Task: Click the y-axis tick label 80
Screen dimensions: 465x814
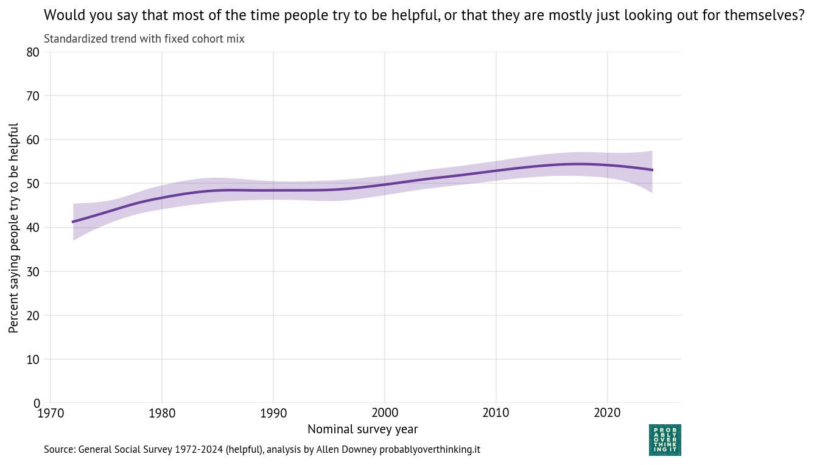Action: pos(33,52)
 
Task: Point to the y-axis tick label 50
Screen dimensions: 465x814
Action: pos(33,184)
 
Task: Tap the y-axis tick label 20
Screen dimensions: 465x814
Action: pos(33,315)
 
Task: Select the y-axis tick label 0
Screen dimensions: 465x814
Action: pos(37,403)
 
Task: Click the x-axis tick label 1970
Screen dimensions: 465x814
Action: pos(50,414)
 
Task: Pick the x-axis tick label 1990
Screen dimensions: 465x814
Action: pos(273,414)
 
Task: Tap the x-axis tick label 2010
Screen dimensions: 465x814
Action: pos(496,414)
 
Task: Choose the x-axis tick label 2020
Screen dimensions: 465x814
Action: pos(608,414)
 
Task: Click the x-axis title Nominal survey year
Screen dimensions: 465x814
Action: pos(362,430)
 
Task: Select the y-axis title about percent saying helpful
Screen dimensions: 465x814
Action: pos(14,228)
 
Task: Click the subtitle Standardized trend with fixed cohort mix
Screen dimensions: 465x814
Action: pos(144,40)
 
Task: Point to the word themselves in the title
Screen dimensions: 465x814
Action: pos(770,15)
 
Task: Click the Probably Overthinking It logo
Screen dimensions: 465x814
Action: pos(665,440)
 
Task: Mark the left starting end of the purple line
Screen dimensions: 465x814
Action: pos(73,222)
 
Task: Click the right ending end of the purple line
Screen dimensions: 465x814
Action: pos(652,170)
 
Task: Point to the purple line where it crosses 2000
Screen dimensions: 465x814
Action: pos(385,184)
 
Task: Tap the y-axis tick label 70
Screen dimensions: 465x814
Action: pos(33,96)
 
